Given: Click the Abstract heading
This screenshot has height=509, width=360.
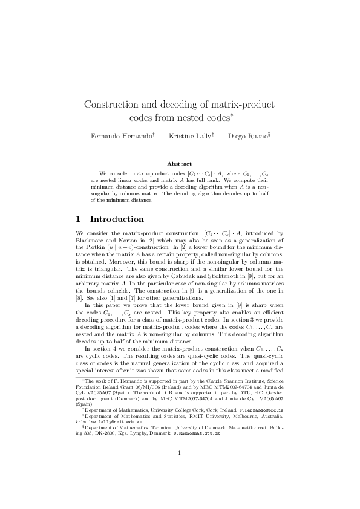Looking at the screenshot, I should (x=180, y=163).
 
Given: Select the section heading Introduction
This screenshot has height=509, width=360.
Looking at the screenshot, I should (x=117, y=219).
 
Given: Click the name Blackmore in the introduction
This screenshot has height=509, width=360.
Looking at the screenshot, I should (x=90, y=240).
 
